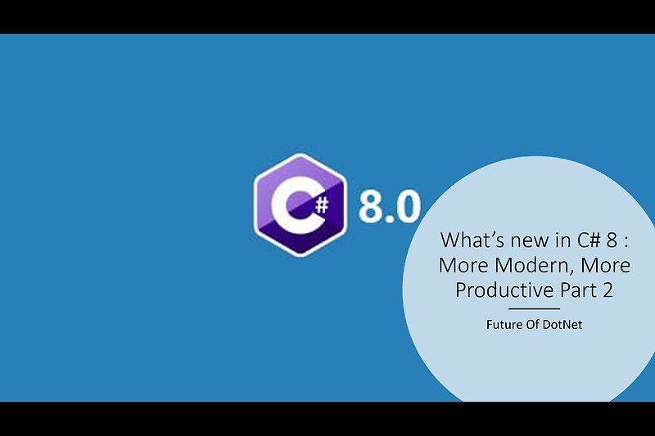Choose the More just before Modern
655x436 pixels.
click(460, 265)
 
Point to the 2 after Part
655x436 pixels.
click(607, 290)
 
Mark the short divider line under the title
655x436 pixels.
click(534, 308)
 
